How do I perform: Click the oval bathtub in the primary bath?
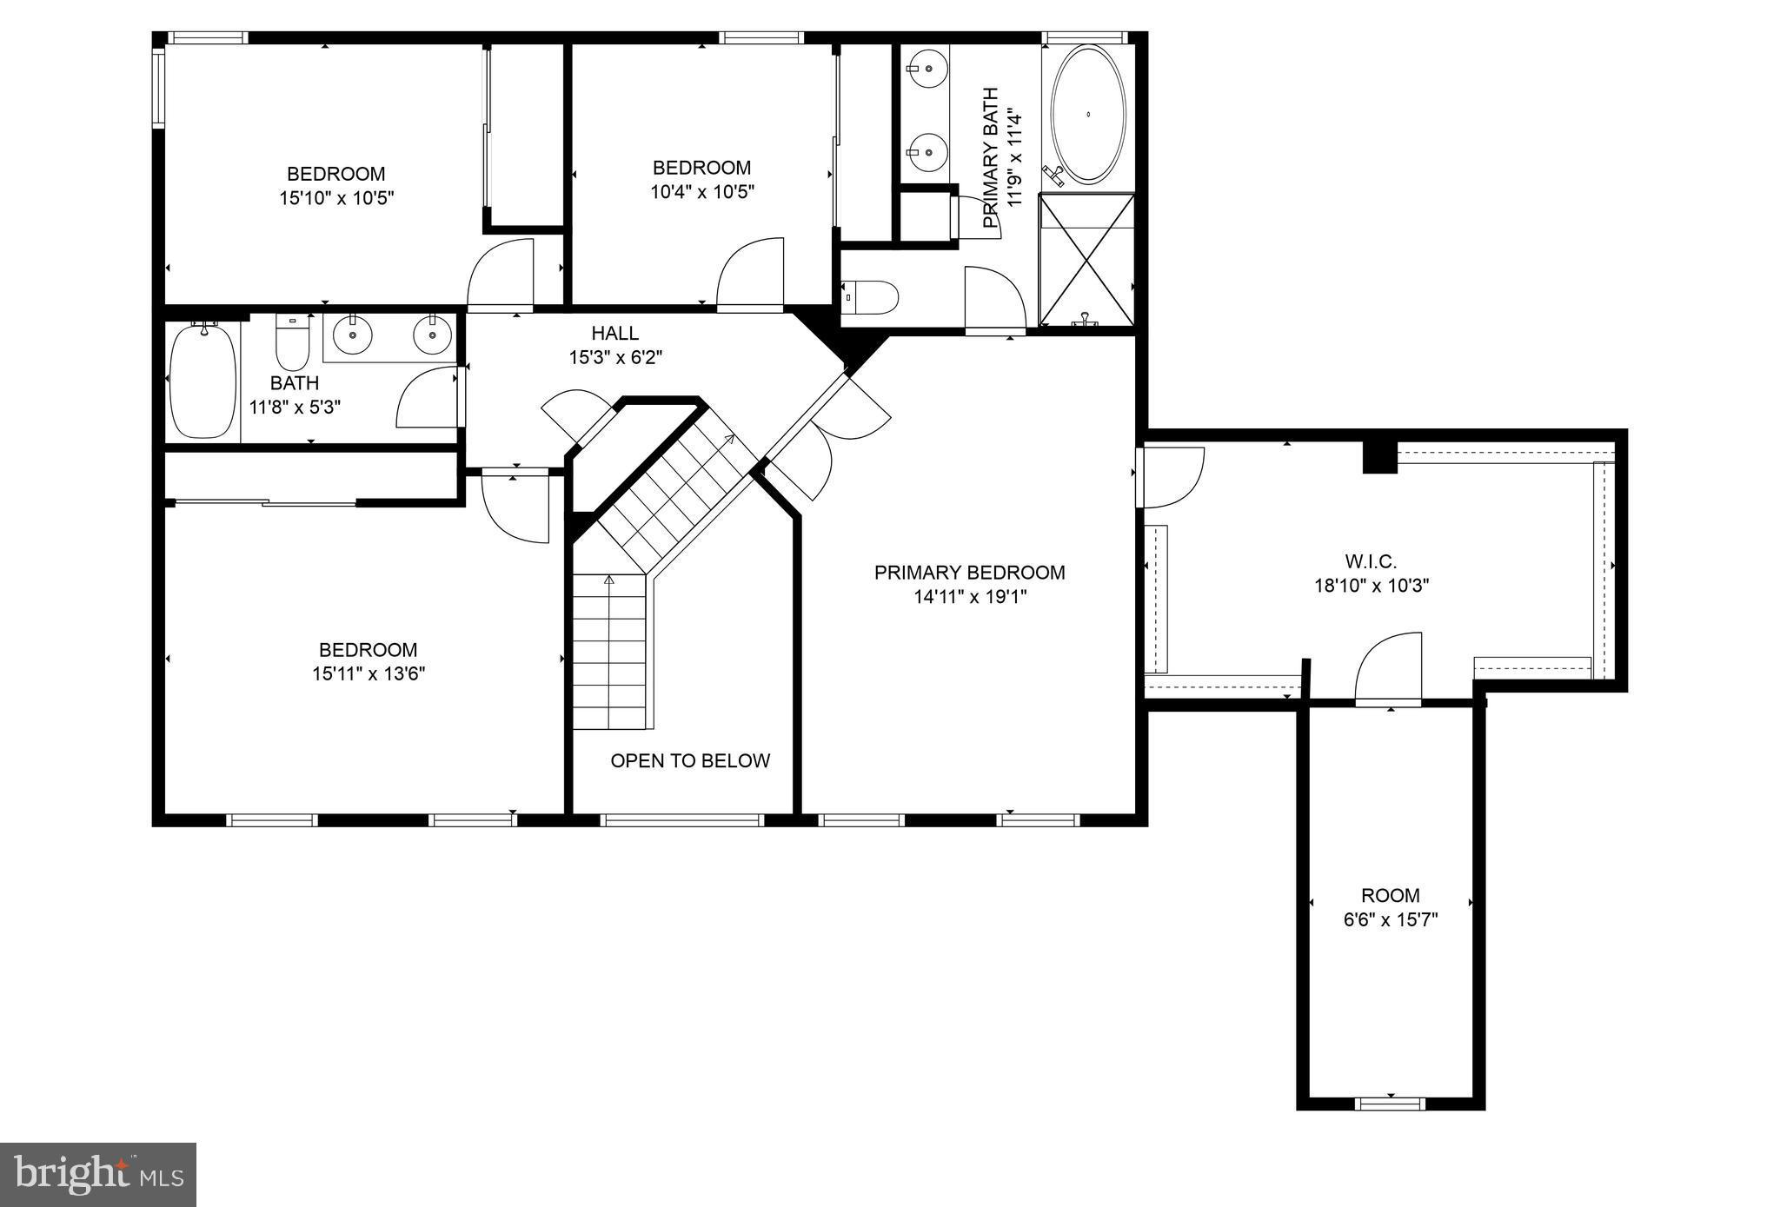coord(1088,115)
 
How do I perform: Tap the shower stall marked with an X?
coord(1087,260)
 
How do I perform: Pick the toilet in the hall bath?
coord(292,344)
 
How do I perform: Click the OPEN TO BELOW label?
coord(690,761)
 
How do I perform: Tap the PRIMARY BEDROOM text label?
coord(969,573)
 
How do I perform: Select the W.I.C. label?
coord(1371,561)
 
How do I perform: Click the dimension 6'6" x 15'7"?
coord(1391,919)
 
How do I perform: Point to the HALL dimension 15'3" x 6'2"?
coord(615,357)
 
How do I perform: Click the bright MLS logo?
coord(97,1175)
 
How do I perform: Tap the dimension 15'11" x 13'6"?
coord(369,673)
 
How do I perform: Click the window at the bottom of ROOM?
coord(1390,1104)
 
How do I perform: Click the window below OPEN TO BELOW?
coord(681,819)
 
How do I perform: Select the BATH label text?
coord(294,383)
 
